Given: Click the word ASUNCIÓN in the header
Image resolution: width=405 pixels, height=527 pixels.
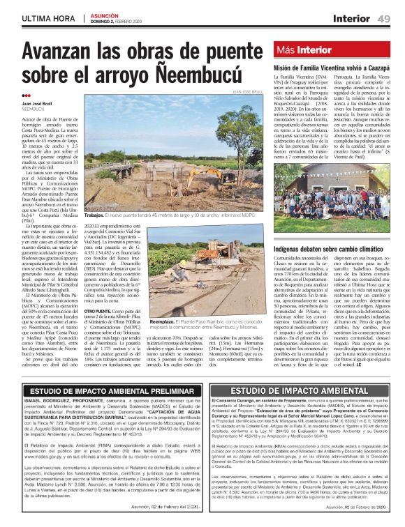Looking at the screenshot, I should [x=103, y=14].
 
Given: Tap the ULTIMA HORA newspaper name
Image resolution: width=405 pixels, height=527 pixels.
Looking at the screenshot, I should [x=50, y=17].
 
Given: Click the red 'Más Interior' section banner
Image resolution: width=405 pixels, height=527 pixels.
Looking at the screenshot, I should [x=304, y=49].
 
